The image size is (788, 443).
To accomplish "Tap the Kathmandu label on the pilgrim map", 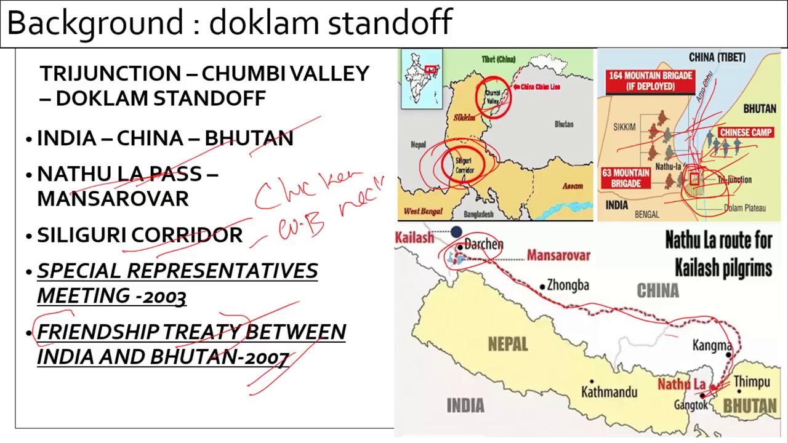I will pyautogui.click(x=609, y=392).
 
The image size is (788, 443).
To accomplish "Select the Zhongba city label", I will pyautogui.click(x=568, y=285).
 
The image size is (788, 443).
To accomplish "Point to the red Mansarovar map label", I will pyautogui.click(x=558, y=255).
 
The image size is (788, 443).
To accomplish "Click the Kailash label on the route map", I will pyautogui.click(x=414, y=237).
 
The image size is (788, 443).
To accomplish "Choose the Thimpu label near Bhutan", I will pyautogui.click(x=752, y=382).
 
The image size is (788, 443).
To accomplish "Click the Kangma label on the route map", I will pyautogui.click(x=712, y=346).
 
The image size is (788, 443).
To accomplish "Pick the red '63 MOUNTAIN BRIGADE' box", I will pyautogui.click(x=625, y=178).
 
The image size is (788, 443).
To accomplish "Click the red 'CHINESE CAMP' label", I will pyautogui.click(x=746, y=132).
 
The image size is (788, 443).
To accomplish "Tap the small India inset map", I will pyautogui.click(x=421, y=78).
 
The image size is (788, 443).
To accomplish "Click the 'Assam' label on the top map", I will pyautogui.click(x=572, y=186).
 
